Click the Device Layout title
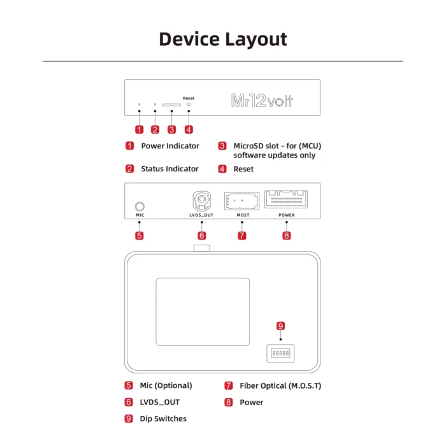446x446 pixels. [222, 39]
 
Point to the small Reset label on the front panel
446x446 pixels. [189, 98]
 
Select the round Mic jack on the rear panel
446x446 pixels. [140, 206]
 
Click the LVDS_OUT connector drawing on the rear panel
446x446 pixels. [201, 202]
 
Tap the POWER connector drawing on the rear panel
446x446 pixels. [287, 199]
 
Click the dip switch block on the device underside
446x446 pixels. [280, 352]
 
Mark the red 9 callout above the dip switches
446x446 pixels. [281, 326]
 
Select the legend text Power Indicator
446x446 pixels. [170, 146]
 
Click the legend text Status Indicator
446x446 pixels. [169, 169]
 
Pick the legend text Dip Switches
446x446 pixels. [163, 419]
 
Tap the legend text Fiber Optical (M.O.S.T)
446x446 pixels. [280, 385]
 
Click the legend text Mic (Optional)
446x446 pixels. [166, 385]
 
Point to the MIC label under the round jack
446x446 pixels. [140, 215]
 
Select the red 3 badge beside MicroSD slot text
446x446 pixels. [222, 146]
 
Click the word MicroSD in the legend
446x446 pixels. [250, 146]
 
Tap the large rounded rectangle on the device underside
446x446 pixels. [203, 312]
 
